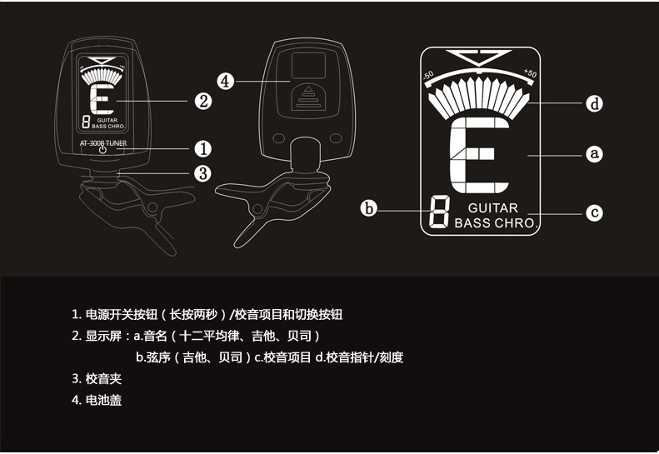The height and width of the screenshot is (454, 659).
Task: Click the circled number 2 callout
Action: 202,102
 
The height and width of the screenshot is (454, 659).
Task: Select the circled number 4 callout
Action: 226,81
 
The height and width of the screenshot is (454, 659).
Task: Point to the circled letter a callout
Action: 594,154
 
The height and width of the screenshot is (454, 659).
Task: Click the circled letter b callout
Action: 370,208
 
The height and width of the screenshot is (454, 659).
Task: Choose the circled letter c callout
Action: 594,212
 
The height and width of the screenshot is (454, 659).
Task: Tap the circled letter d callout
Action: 594,104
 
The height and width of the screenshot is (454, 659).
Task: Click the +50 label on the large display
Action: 529,73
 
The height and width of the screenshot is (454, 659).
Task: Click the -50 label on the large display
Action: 429,76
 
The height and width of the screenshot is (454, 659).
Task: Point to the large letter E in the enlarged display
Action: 478,156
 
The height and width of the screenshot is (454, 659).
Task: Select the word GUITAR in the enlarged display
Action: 492,208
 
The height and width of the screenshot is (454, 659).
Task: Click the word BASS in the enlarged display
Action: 472,223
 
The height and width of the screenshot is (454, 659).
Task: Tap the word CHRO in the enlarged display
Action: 516,223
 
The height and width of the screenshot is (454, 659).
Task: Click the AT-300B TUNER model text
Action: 102,142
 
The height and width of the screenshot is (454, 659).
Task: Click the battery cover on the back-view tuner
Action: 309,94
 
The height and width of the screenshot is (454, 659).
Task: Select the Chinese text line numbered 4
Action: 98,400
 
